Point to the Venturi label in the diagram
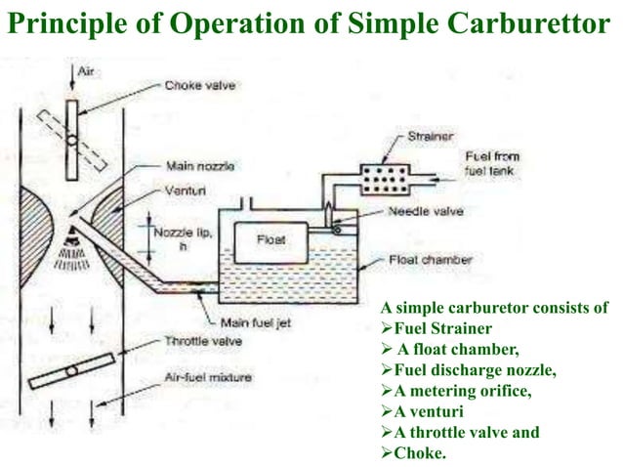coord(187,183)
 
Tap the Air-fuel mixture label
coord(207,377)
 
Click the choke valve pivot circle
coord(72,139)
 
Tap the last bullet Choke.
coord(408,452)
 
